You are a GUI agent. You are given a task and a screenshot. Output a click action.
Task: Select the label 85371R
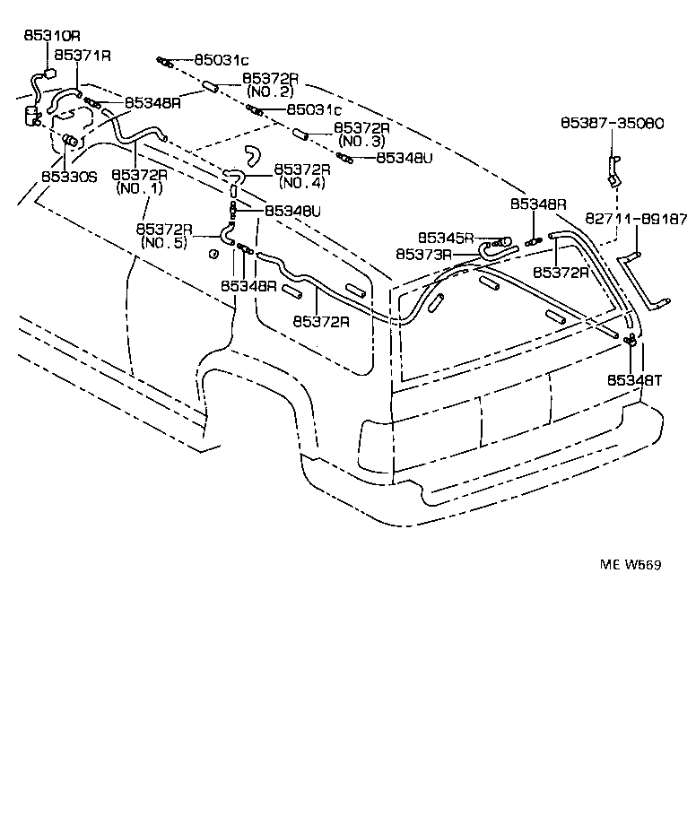point(83,56)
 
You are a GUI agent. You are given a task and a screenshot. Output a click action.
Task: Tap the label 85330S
point(68,178)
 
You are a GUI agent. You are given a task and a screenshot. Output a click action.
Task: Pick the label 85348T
point(634,380)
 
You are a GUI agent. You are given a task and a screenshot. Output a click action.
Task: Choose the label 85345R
point(445,239)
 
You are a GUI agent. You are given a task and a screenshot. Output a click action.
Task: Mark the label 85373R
point(423,255)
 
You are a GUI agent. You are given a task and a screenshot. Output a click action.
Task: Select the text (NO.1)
point(139,188)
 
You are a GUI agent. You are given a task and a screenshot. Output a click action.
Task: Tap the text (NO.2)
point(270,92)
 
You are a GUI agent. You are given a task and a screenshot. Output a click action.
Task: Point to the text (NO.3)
point(361,142)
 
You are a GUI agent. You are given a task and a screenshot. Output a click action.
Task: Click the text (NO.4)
point(302,183)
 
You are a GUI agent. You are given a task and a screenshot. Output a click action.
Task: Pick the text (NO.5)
point(165,243)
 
